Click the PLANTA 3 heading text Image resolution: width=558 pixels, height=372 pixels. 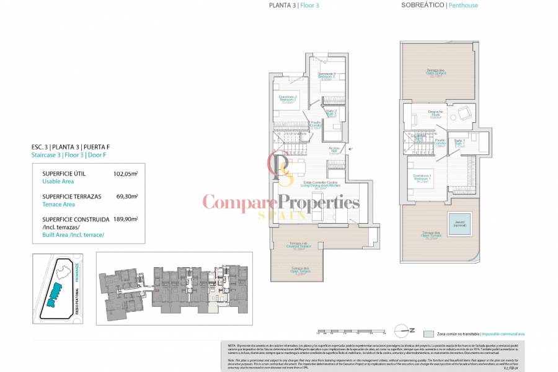[282, 6]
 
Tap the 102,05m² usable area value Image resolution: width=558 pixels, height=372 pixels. [125, 174]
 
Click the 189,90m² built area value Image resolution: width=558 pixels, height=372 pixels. [125, 219]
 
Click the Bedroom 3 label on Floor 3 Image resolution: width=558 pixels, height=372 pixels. [326, 77]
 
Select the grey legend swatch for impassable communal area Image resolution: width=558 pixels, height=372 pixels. [428, 334]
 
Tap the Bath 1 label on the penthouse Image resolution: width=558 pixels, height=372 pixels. [458, 144]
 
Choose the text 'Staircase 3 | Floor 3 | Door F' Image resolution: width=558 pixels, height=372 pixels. [70, 156]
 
